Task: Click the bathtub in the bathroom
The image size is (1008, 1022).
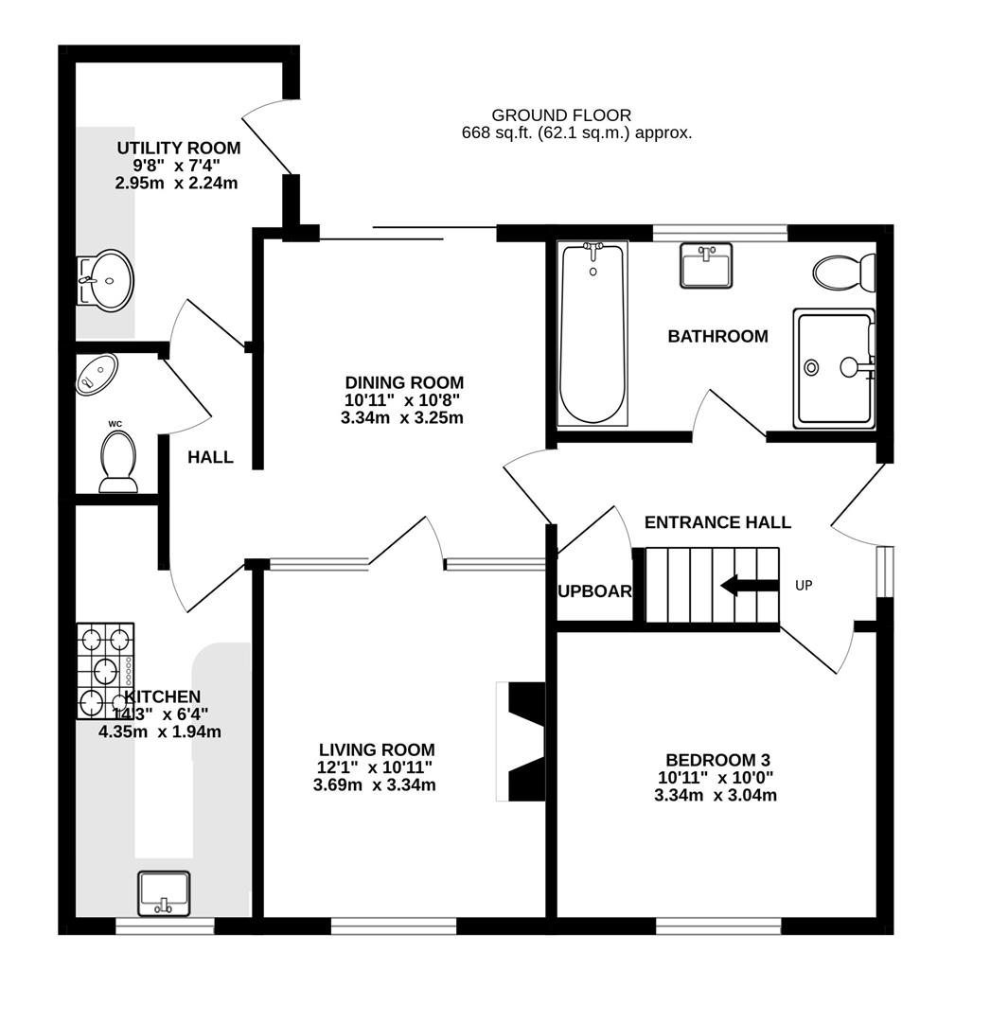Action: [x=593, y=332]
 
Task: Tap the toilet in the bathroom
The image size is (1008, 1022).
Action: [x=843, y=273]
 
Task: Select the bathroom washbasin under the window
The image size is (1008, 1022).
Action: [x=706, y=265]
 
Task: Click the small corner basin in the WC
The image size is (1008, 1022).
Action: [x=97, y=371]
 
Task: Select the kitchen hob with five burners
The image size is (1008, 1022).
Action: [x=105, y=670]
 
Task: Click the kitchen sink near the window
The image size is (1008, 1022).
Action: [x=164, y=892]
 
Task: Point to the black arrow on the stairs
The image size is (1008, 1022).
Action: [x=749, y=586]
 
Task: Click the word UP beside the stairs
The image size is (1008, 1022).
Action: [x=804, y=586]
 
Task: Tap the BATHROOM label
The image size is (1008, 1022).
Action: [x=717, y=336]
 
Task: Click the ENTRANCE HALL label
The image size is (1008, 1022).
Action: [x=717, y=522]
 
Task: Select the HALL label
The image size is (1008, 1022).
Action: [x=210, y=458]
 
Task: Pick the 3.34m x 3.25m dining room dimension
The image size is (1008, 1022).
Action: [x=402, y=417]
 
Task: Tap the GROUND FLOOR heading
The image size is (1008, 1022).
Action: [x=561, y=115]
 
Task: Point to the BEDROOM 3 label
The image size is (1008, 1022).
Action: [x=717, y=760]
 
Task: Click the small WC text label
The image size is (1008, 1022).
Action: [x=115, y=423]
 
